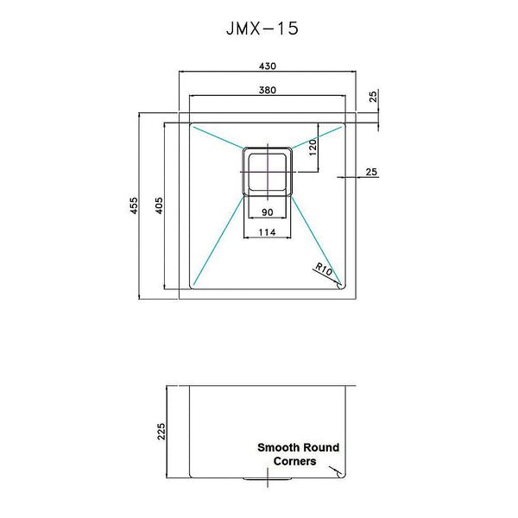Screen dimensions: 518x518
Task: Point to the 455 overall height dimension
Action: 134,206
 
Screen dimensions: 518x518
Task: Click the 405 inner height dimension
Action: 159,206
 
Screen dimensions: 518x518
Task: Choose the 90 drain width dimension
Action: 267,212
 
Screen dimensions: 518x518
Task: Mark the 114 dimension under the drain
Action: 267,231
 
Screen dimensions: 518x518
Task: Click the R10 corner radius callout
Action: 325,270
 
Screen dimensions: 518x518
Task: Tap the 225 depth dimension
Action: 161,430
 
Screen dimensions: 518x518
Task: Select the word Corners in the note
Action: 294,461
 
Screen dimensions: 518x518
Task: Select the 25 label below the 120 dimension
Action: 371,172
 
